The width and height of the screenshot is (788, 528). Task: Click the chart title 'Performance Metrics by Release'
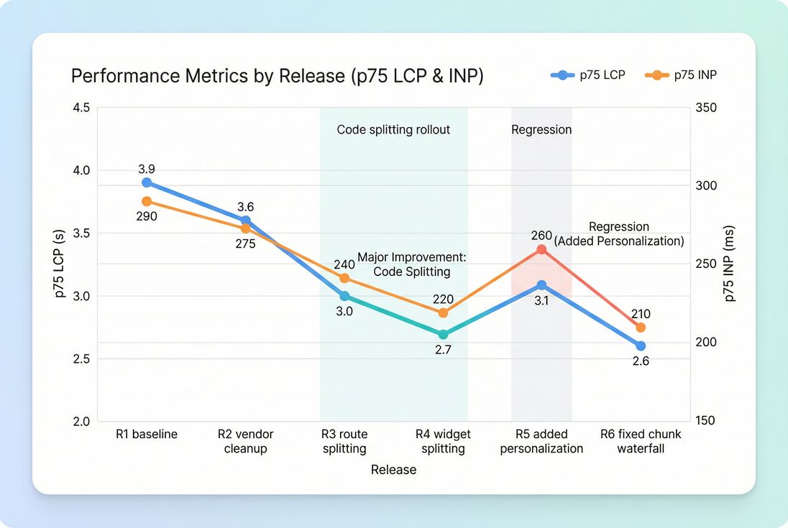tap(277, 76)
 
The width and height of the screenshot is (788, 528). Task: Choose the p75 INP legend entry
tap(682, 75)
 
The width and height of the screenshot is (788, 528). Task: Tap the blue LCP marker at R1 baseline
tap(147, 182)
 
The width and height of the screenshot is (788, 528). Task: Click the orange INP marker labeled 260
tap(541, 249)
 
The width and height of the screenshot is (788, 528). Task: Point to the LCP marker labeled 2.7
tap(443, 334)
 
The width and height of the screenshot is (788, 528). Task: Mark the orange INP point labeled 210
tap(641, 327)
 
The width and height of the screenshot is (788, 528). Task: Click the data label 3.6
tap(245, 207)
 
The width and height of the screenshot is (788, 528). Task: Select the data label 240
tap(344, 264)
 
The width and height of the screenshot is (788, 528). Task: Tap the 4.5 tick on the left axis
tap(81, 108)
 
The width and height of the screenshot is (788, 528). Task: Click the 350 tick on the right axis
tap(707, 108)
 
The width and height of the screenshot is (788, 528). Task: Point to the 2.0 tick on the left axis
tap(81, 421)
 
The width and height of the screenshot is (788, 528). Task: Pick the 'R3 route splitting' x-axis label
tap(344, 442)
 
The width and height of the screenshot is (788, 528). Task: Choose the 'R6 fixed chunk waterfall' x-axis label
tap(641, 442)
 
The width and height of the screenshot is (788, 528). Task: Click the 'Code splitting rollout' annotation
tap(393, 130)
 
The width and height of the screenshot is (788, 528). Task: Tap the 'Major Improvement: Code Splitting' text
tap(412, 264)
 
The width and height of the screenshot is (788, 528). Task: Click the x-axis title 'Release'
tap(393, 470)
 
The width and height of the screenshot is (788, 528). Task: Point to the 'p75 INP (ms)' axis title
tap(730, 264)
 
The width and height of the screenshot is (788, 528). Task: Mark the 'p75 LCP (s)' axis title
tap(60, 264)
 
